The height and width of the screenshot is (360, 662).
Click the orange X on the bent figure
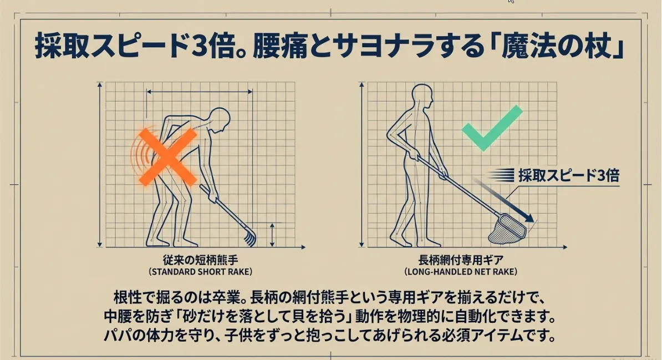click(168, 157)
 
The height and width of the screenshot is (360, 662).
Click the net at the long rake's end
click(507, 230)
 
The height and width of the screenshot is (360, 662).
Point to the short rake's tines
click(249, 237)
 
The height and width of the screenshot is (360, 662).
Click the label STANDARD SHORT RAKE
click(200, 272)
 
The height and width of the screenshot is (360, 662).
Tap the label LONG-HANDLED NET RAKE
click(461, 272)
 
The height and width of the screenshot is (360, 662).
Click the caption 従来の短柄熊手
click(201, 260)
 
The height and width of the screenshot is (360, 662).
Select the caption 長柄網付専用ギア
click(461, 260)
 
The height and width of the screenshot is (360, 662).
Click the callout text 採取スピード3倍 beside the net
click(569, 175)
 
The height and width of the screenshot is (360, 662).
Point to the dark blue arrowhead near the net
click(528, 217)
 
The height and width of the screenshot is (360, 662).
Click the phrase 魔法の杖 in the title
click(557, 45)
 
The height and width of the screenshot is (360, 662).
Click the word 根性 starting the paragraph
click(127, 298)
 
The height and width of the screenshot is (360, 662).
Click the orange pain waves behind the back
click(139, 155)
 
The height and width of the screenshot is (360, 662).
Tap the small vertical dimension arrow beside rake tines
click(272, 235)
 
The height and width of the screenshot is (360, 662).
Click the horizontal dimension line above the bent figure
click(199, 92)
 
